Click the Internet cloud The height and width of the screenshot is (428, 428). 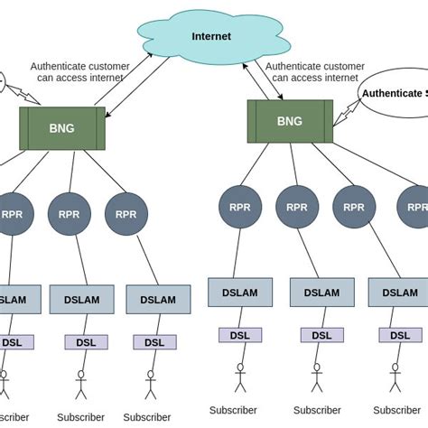click(210, 36)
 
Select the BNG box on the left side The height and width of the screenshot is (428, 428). click(62, 128)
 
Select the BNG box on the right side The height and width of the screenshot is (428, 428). click(290, 121)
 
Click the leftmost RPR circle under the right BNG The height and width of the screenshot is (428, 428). click(240, 207)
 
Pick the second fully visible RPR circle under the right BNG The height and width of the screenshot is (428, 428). click(297, 207)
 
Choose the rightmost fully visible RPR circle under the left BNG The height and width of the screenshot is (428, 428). click(126, 214)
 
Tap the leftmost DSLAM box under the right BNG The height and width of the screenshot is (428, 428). click(240, 293)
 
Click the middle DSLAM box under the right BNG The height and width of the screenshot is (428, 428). click(321, 293)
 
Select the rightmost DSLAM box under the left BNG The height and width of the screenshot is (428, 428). click(158, 300)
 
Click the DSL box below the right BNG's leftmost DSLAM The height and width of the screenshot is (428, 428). click(240, 335)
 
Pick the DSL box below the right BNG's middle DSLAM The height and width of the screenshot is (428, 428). click(321, 335)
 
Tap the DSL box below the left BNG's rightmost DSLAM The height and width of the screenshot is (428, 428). click(154, 342)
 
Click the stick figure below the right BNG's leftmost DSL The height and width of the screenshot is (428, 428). click(240, 377)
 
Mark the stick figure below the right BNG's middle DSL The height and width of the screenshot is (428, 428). click(317, 377)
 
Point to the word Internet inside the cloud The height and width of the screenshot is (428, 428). click(211, 36)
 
